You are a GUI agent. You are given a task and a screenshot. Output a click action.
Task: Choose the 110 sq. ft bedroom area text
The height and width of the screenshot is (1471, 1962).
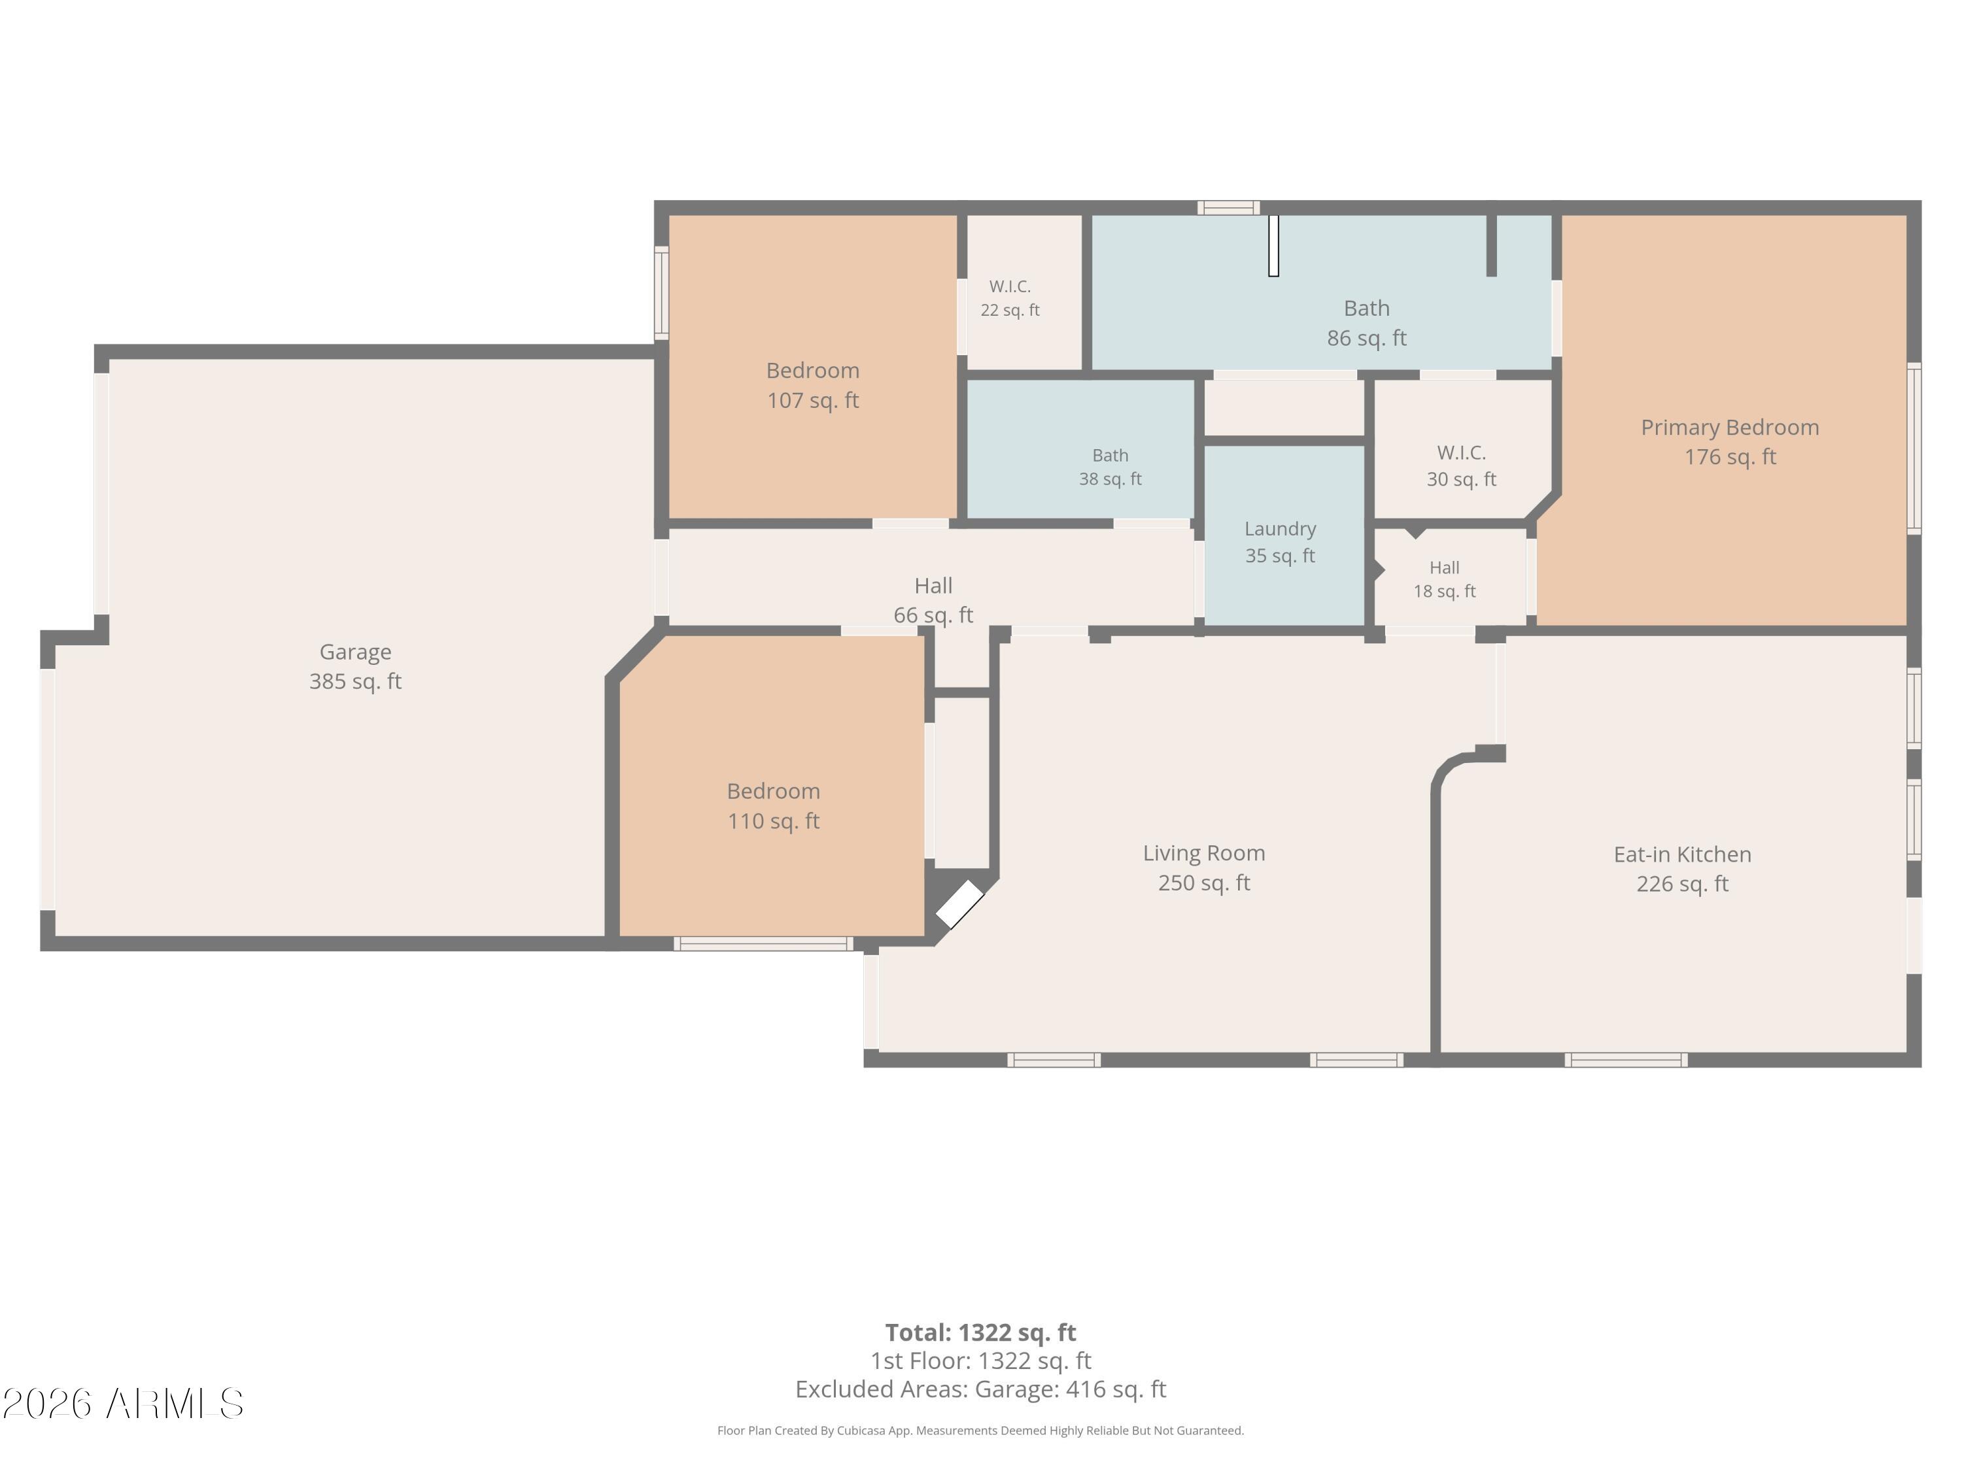pyautogui.click(x=774, y=821)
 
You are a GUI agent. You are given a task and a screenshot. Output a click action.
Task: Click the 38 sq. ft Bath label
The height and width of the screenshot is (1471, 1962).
pyautogui.click(x=1110, y=467)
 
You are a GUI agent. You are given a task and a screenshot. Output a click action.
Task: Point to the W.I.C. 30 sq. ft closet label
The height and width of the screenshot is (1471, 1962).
pyautogui.click(x=1462, y=466)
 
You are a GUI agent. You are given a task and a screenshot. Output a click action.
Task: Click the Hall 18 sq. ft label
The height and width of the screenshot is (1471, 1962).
pyautogui.click(x=1445, y=580)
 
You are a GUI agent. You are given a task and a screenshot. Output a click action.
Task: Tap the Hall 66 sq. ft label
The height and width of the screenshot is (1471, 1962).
pyautogui.click(x=933, y=600)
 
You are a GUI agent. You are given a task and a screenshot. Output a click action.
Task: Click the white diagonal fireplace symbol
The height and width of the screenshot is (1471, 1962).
pyautogui.click(x=959, y=904)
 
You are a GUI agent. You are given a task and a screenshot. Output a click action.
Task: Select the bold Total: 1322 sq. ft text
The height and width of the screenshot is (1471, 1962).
pyautogui.click(x=981, y=1332)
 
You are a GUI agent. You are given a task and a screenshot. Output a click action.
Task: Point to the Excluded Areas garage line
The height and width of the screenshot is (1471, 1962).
pyautogui.click(x=981, y=1389)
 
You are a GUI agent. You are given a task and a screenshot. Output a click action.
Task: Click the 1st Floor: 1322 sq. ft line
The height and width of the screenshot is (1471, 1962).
pyautogui.click(x=981, y=1361)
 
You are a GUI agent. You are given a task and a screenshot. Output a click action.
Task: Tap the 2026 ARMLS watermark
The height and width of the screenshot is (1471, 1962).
pyautogui.click(x=124, y=1404)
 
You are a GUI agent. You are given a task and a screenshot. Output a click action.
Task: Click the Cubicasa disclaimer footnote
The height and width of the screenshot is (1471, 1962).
pyautogui.click(x=981, y=1430)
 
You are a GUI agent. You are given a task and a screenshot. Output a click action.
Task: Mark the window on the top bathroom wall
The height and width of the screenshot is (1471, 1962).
pyautogui.click(x=1228, y=207)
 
